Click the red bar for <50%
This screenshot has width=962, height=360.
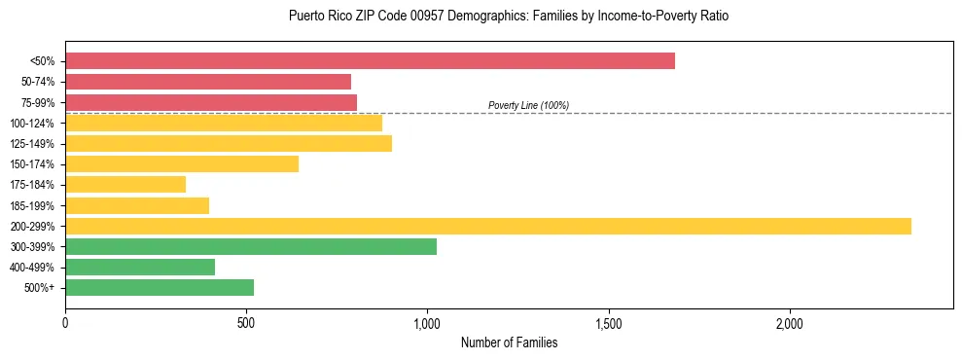point(370,61)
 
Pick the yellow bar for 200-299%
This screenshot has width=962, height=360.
point(488,226)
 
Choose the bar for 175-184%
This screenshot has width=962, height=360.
point(125,184)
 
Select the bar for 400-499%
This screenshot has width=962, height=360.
point(140,267)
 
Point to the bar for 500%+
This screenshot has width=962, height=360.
point(160,287)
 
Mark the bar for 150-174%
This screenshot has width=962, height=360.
point(182,163)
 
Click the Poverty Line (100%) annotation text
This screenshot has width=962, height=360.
point(528,105)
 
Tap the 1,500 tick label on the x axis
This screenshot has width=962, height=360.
point(609,323)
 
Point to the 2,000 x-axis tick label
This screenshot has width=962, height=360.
point(790,323)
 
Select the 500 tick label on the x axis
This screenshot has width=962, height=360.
point(246,323)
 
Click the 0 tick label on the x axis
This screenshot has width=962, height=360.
point(65,323)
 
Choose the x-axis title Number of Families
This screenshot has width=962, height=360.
point(509,342)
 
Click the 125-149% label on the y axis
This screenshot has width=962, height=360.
point(32,144)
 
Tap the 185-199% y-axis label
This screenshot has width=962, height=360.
point(32,205)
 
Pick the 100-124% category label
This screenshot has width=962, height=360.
point(32,124)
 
